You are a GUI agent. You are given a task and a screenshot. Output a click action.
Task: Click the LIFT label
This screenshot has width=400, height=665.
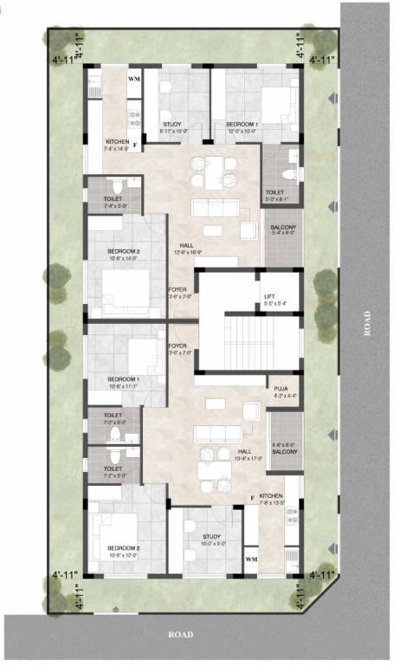pyautogui.click(x=269, y=298)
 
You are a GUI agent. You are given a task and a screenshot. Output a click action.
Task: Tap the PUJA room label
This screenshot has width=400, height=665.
pyautogui.click(x=281, y=390)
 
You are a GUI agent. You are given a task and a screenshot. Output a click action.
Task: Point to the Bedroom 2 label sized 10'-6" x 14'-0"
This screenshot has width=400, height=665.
pyautogui.click(x=124, y=252)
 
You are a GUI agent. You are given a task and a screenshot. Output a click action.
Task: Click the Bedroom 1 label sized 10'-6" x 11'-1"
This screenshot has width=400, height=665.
pyautogui.click(x=123, y=380)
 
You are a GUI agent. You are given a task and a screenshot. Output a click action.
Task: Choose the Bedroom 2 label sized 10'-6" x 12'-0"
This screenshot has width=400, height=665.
pyautogui.click(x=124, y=548)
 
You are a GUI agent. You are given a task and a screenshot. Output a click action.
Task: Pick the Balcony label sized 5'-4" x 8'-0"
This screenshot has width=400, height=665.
pyautogui.click(x=284, y=229)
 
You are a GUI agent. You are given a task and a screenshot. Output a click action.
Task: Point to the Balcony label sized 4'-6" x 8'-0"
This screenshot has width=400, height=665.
pyautogui.click(x=285, y=447)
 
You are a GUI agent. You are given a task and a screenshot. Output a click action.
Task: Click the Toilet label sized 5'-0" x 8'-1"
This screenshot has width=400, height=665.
pyautogui.click(x=275, y=192)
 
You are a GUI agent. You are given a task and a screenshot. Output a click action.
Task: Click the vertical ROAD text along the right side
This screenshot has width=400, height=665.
pyautogui.click(x=368, y=322)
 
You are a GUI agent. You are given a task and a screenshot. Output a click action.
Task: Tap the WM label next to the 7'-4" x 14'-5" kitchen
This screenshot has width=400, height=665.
pyautogui.click(x=133, y=79)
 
